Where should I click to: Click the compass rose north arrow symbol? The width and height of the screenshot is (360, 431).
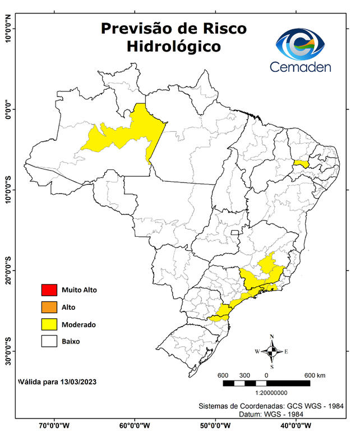(x=271, y=352)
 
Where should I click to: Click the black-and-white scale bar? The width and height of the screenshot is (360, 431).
(x=266, y=383)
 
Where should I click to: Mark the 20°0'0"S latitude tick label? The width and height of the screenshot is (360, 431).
(x=8, y=270)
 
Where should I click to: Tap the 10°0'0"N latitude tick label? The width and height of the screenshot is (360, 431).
(x=8, y=29)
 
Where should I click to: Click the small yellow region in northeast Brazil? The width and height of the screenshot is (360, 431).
(x=302, y=163)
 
